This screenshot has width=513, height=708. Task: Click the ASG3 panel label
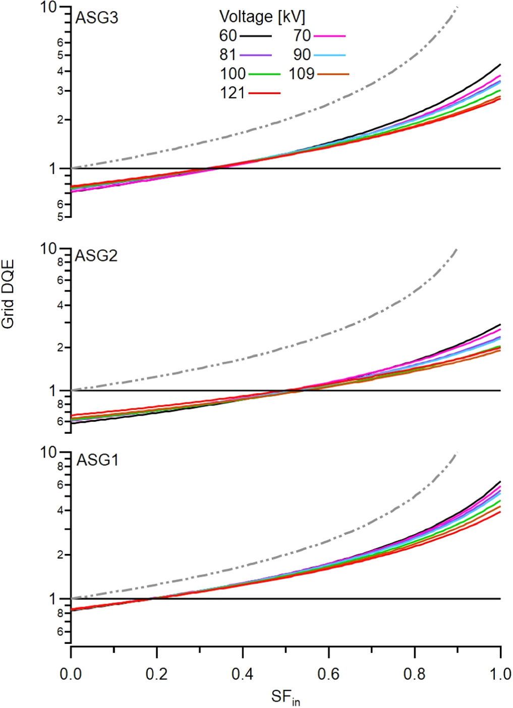96,18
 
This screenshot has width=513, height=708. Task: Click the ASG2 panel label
96,256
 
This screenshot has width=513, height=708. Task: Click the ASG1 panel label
97,460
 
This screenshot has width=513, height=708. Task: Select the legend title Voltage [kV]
262,17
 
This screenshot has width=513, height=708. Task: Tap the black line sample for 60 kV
255,36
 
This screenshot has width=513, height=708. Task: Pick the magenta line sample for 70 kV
329,36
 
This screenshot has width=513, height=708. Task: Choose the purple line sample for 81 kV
255,55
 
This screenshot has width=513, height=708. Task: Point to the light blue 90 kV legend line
329,55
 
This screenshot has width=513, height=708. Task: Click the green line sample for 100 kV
264,74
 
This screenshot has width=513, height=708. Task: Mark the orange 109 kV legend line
333,74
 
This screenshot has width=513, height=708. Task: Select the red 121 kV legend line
264,93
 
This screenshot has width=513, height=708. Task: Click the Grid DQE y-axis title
8,294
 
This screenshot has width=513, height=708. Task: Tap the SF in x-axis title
285,697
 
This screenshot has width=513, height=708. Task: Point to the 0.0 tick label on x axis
71,674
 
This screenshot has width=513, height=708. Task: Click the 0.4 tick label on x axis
243,674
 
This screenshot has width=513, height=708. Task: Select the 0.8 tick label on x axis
415,674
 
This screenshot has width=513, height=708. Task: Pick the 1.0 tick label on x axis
500,674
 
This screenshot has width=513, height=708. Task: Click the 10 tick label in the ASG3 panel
49,8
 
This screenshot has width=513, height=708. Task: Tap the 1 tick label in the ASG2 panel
52,390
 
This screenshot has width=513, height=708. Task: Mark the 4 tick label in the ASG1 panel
60,511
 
